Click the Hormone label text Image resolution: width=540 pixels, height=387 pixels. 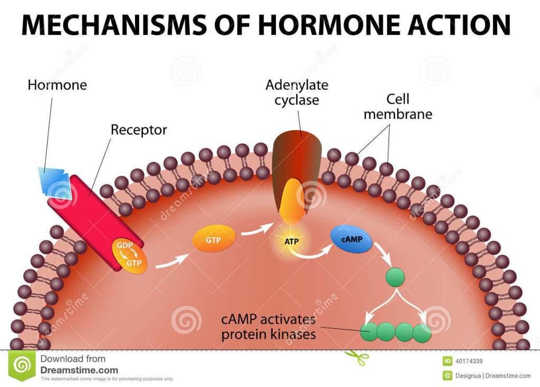click(x=57, y=84)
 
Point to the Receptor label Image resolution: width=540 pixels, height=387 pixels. click(x=139, y=130)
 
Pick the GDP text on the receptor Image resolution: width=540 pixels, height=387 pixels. click(x=124, y=246)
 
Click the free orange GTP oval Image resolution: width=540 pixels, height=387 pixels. click(x=214, y=240)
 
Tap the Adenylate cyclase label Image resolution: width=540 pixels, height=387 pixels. click(x=297, y=92)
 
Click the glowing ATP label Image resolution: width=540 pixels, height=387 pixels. click(x=292, y=241)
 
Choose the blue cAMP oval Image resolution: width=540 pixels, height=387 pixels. click(x=351, y=240)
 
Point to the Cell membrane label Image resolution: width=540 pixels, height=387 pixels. click(x=398, y=106)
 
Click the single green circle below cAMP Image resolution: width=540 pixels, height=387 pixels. click(x=396, y=277)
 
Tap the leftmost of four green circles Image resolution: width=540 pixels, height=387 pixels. click(x=369, y=332)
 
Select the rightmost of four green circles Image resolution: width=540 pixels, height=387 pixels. click(x=422, y=332)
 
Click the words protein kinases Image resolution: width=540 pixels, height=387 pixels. click(x=268, y=334)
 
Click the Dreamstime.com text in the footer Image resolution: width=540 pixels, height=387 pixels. click(x=79, y=370)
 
